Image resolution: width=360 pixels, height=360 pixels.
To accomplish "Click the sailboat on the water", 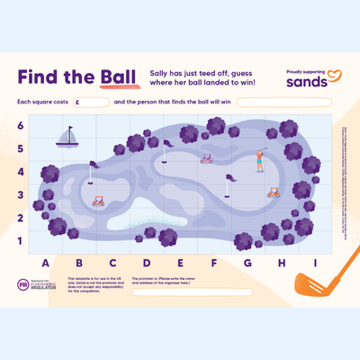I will click(x=67, y=137).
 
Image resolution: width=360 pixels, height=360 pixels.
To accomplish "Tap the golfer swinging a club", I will click(x=259, y=160).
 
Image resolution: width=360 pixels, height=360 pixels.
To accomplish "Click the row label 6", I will click(x=20, y=126).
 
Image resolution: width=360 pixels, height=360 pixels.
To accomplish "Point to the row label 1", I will click(x=20, y=240).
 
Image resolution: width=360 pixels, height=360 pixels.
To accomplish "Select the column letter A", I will click(x=46, y=264).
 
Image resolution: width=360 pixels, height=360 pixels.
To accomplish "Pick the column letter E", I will click(x=180, y=264).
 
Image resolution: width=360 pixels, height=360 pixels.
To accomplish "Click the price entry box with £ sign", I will click(x=92, y=103).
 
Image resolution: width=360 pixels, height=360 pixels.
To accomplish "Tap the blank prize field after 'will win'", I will click(x=284, y=103).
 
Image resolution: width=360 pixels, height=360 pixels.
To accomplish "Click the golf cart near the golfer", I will click(x=273, y=192).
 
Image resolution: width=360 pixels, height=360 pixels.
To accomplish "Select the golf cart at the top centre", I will click(x=206, y=159).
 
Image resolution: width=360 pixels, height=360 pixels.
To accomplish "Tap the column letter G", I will click(x=247, y=264).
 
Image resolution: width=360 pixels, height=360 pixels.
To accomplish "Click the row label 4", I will click(x=20, y=172).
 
